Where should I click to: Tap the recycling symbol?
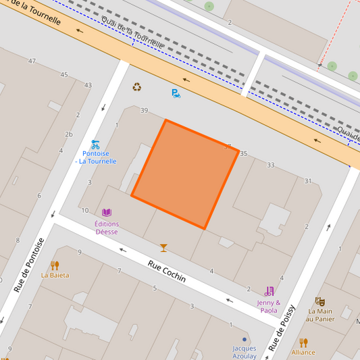coord(137,87)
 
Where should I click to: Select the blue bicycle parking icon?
coord(176,93)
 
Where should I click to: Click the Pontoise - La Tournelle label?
coord(95,157)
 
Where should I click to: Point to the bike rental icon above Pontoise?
coord(95,144)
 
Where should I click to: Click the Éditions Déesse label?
coord(106,228)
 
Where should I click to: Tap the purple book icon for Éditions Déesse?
coord(106,213)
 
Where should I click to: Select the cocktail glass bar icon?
coord(163,248)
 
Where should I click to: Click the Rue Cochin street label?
coord(166,269)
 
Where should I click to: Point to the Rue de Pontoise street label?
coord(29,265)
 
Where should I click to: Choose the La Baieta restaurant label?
coord(55,275)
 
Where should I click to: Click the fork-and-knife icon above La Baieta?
coord(55,265)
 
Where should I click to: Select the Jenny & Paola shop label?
coord(269,307)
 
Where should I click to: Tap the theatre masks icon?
coord(320,301)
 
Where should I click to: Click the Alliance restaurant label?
coord(303,352)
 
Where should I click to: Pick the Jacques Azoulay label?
coord(245,352)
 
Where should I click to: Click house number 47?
coord(32,61)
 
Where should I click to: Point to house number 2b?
coord(68,134)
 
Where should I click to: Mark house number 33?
coord(271,165)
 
